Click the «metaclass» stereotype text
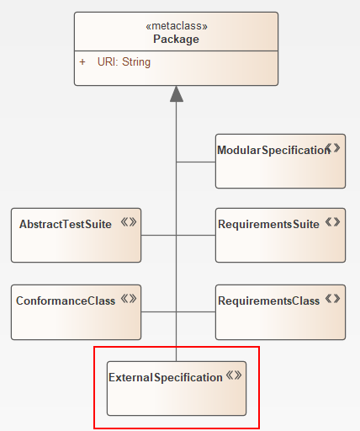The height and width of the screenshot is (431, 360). (x=176, y=26)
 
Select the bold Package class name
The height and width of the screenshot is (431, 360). (x=176, y=40)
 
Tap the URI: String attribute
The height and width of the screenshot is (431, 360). (x=124, y=61)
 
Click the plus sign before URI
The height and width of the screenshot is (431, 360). (x=82, y=61)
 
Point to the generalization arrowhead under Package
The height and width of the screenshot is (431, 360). (x=176, y=94)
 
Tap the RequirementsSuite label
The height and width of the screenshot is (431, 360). (x=268, y=224)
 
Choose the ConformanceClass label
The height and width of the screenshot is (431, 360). (x=65, y=300)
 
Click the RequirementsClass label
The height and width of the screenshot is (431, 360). (x=268, y=300)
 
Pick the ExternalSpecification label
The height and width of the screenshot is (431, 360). (x=166, y=377)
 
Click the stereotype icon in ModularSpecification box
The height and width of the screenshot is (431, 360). (x=334, y=148)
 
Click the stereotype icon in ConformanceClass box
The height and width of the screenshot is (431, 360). (x=129, y=298)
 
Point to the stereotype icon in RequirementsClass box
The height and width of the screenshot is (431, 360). (x=333, y=298)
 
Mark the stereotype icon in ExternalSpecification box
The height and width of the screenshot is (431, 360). (x=234, y=376)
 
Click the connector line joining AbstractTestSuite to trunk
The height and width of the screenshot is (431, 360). (x=158, y=236)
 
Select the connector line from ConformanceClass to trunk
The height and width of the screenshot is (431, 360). (x=158, y=311)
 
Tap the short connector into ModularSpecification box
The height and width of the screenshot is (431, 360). (x=195, y=161)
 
